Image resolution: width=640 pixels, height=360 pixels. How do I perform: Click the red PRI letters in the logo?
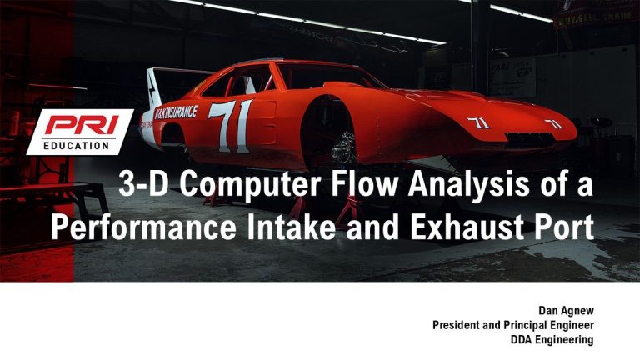[x=82, y=124]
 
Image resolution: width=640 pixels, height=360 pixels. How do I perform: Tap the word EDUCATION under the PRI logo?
[x=77, y=145]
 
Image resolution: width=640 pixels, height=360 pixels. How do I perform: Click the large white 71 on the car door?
[x=231, y=126]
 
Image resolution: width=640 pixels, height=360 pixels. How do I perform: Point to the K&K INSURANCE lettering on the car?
[x=176, y=112]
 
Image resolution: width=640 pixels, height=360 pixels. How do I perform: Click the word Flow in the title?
[x=364, y=183]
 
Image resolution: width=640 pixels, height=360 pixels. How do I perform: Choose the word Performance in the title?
[x=143, y=227]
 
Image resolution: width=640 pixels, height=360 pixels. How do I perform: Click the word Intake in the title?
[x=291, y=227]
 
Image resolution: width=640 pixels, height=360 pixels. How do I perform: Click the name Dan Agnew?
[x=566, y=311]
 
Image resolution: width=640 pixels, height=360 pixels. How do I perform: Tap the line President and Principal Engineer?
[x=513, y=325]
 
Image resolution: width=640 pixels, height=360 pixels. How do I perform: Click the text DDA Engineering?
[x=552, y=340]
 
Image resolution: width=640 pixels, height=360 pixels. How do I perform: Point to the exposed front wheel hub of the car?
[x=343, y=148]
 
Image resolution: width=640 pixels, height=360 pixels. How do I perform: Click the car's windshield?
[x=331, y=76]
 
